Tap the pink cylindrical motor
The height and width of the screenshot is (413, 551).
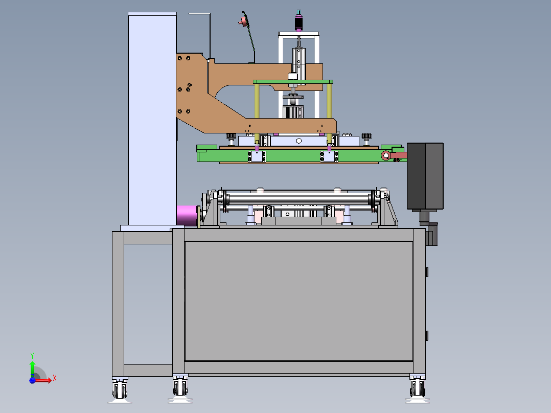pos(187,216)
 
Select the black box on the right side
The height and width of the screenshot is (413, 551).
pos(425,176)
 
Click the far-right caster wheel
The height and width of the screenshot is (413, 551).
pos(417,389)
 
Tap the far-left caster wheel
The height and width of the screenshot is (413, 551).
pos(120,390)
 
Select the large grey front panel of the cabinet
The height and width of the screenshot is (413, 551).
pos(299,301)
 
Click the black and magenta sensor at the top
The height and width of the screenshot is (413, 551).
pos(299,21)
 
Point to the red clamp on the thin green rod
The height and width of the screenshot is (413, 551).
pos(243,21)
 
